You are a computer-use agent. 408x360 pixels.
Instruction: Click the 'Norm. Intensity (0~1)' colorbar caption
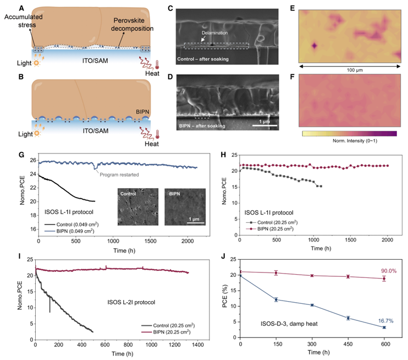tap(349, 143)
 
